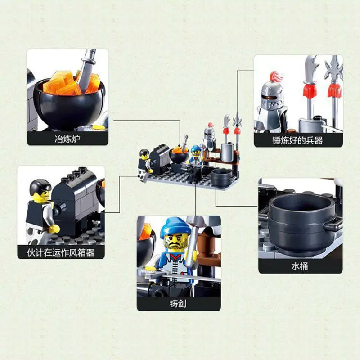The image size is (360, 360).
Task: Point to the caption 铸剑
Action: point(179,304)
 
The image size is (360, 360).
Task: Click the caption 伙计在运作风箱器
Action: point(61,252)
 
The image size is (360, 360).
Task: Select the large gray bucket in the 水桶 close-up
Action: point(299,220)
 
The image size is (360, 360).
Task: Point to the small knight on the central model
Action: point(208,137)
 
